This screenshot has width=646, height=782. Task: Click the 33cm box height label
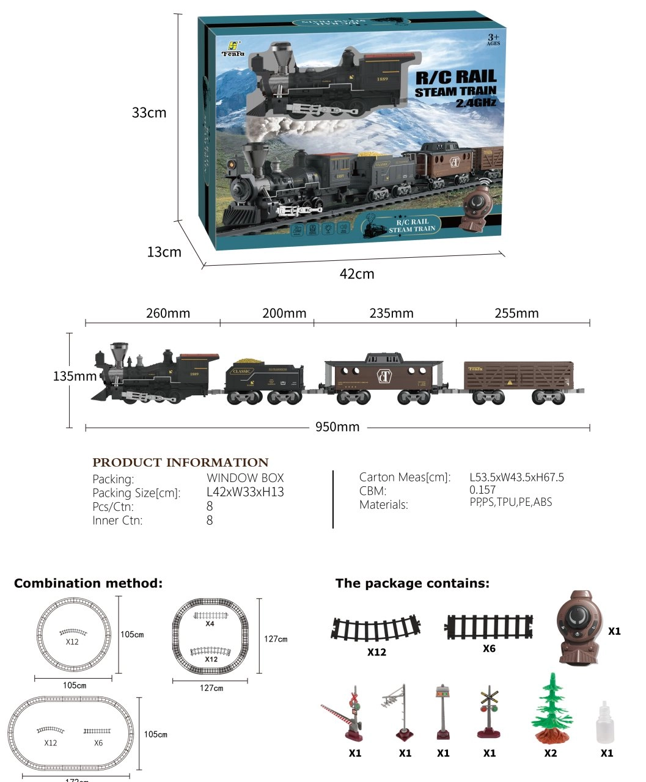[149, 113]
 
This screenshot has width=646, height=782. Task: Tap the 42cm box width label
[357, 274]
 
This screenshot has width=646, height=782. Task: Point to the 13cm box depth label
[164, 252]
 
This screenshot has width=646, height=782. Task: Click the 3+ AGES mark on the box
[493, 40]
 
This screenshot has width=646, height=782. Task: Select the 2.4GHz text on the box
[475, 103]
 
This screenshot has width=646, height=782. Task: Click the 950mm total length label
[337, 427]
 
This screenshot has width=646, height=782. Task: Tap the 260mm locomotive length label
[168, 313]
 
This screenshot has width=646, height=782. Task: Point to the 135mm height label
[75, 376]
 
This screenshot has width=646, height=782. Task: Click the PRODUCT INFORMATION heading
[180, 462]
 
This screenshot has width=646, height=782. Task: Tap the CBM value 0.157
[482, 490]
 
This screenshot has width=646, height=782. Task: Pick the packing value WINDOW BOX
[245, 478]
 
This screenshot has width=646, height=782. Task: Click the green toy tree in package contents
[551, 709]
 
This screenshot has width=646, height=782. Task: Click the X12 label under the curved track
[376, 652]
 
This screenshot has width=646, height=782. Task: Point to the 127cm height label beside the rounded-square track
[276, 639]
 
